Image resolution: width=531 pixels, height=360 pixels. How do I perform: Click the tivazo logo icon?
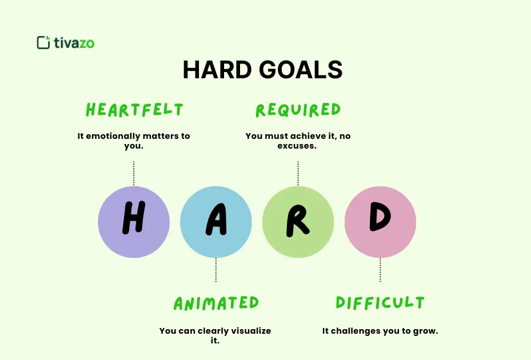point(43,42)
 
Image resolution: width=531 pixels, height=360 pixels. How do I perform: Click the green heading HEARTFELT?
point(134,109)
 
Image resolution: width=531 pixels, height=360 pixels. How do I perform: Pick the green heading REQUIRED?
point(298,109)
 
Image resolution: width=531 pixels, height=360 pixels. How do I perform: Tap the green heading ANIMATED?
point(216,303)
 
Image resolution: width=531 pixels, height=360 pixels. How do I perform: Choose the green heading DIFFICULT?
point(380,303)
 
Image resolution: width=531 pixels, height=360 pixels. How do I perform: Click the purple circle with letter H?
point(134,222)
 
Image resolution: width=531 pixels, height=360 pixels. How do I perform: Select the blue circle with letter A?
point(216,222)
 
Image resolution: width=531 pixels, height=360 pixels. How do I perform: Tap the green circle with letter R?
point(298,222)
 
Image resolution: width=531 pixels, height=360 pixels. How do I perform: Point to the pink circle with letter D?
point(380,222)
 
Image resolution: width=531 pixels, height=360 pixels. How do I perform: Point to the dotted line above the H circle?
point(134,173)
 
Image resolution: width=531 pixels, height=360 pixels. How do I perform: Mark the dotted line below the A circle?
point(216,270)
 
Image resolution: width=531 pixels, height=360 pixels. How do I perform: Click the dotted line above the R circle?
point(298,173)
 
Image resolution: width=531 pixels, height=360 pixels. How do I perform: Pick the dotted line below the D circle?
point(380,270)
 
